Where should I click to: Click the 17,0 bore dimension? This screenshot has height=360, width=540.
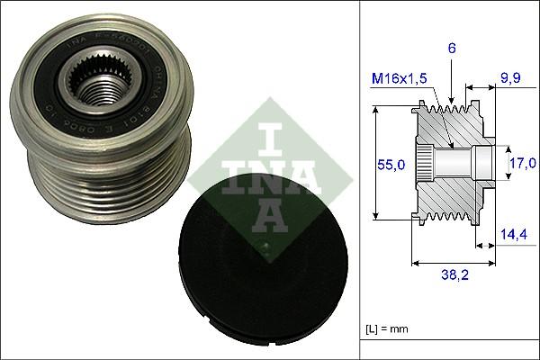click(522, 164)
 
